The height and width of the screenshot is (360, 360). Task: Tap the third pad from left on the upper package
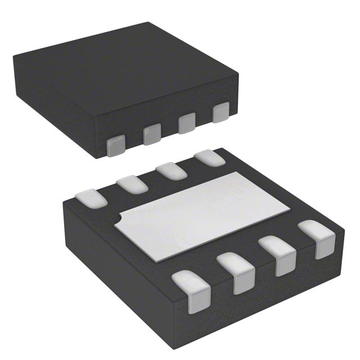click(187, 124)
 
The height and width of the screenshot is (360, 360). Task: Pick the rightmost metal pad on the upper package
click(221, 112)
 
